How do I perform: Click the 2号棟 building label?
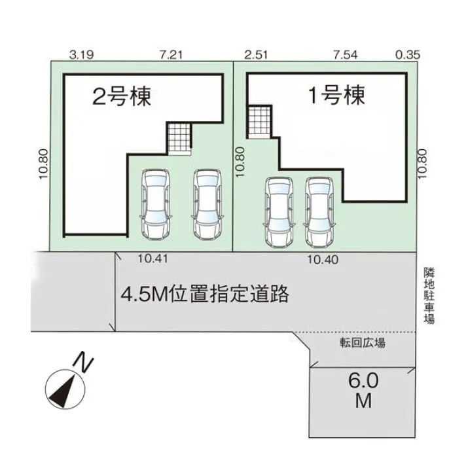point(122,98)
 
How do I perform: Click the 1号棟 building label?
point(336,97)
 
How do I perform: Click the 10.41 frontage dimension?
point(154,259)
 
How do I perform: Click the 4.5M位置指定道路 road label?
point(204,294)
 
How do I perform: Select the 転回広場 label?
point(362,342)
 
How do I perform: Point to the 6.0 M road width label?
point(363,391)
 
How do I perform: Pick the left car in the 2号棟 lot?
point(156,204)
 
